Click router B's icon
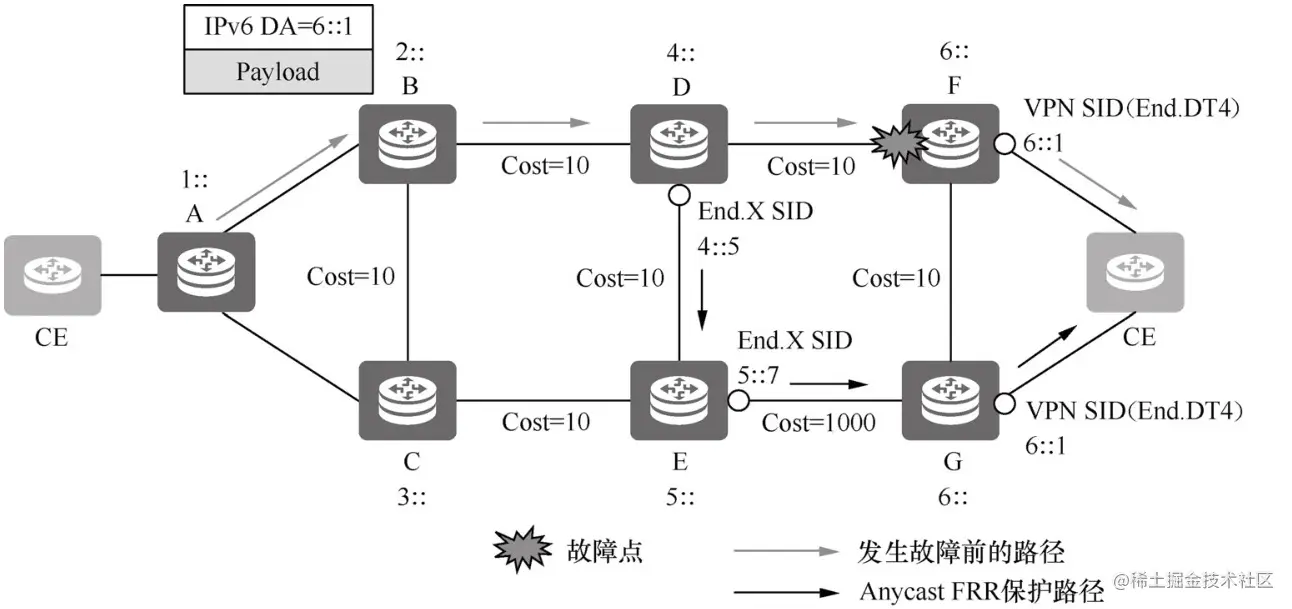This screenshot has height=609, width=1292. pos(408,144)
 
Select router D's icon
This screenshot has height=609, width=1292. pos(679,144)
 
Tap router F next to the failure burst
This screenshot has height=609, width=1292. pos(951,144)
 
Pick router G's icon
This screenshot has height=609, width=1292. pos(951,400)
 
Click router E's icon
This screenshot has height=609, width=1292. pos(679,400)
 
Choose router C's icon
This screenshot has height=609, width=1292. pos(408,400)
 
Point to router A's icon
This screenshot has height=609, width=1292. pos(205,272)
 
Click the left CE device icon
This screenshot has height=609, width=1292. pos(52,272)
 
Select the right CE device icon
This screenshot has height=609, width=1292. pos(1134,270)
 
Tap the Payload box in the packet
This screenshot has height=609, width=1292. pos(278,72)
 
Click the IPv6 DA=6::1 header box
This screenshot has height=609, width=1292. pos(278,27)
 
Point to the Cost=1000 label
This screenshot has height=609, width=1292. pos(818,423)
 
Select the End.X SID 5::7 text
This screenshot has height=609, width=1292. pos(795,356)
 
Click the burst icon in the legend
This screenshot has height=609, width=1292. pos(523,549)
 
